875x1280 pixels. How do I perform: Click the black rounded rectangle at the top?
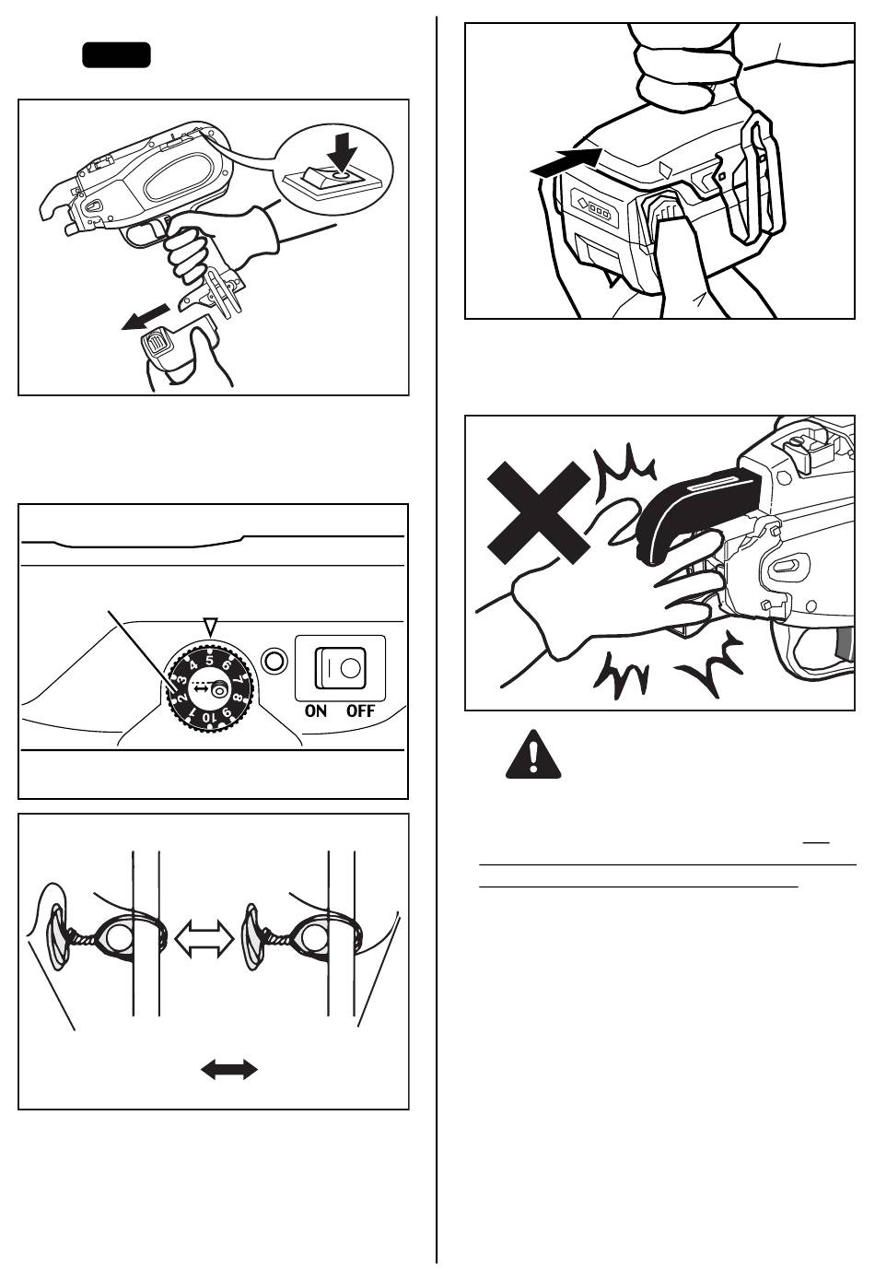(117, 55)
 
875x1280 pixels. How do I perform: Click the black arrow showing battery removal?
(146, 317)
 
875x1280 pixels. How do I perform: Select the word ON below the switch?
(316, 710)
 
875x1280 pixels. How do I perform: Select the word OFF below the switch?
(360, 710)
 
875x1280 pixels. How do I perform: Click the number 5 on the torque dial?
(210, 661)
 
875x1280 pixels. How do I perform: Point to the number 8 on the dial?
(237, 697)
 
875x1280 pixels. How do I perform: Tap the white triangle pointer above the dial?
(211, 625)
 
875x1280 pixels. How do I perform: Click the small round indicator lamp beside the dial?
(273, 660)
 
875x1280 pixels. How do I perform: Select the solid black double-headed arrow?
(229, 1069)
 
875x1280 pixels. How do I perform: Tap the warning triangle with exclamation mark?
(533, 755)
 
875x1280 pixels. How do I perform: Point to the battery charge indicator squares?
(596, 209)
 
